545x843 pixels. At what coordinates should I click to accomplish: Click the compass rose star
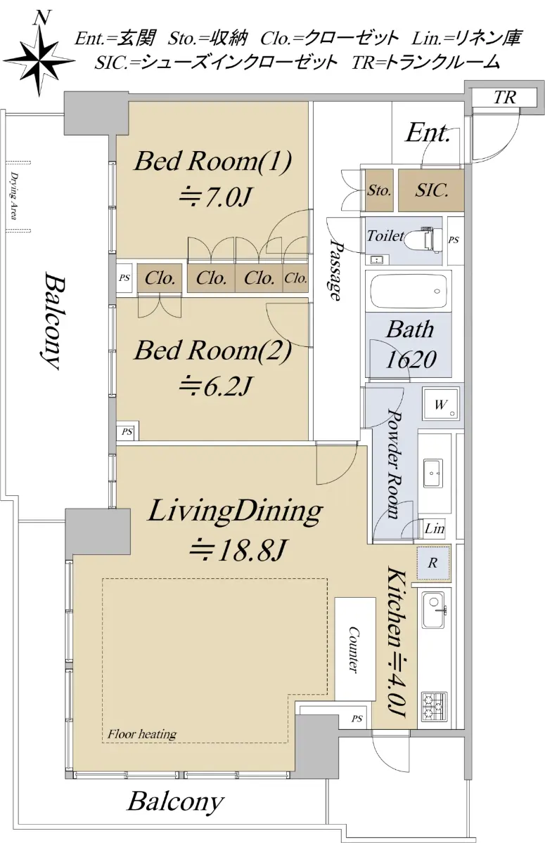39,60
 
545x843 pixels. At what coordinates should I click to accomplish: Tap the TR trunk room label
505,98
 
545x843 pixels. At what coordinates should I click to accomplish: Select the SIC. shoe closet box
431,190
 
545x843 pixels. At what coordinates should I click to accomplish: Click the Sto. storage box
379,190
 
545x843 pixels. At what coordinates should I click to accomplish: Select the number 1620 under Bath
411,360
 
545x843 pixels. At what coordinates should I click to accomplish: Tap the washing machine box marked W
441,403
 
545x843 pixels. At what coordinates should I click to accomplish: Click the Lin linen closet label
435,529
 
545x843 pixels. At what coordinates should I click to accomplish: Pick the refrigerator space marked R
433,563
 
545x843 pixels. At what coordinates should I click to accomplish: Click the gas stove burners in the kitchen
435,705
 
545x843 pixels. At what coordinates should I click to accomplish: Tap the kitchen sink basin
432,610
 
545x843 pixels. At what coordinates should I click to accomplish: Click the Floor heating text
142,733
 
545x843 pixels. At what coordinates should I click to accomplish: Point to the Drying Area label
14,196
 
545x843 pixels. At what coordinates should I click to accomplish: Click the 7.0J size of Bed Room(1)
215,197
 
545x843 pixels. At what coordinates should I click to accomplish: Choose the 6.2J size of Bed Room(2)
215,386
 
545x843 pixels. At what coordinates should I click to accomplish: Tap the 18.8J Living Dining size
236,551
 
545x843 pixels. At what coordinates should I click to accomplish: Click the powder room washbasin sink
432,473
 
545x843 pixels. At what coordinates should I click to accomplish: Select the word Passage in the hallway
336,271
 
